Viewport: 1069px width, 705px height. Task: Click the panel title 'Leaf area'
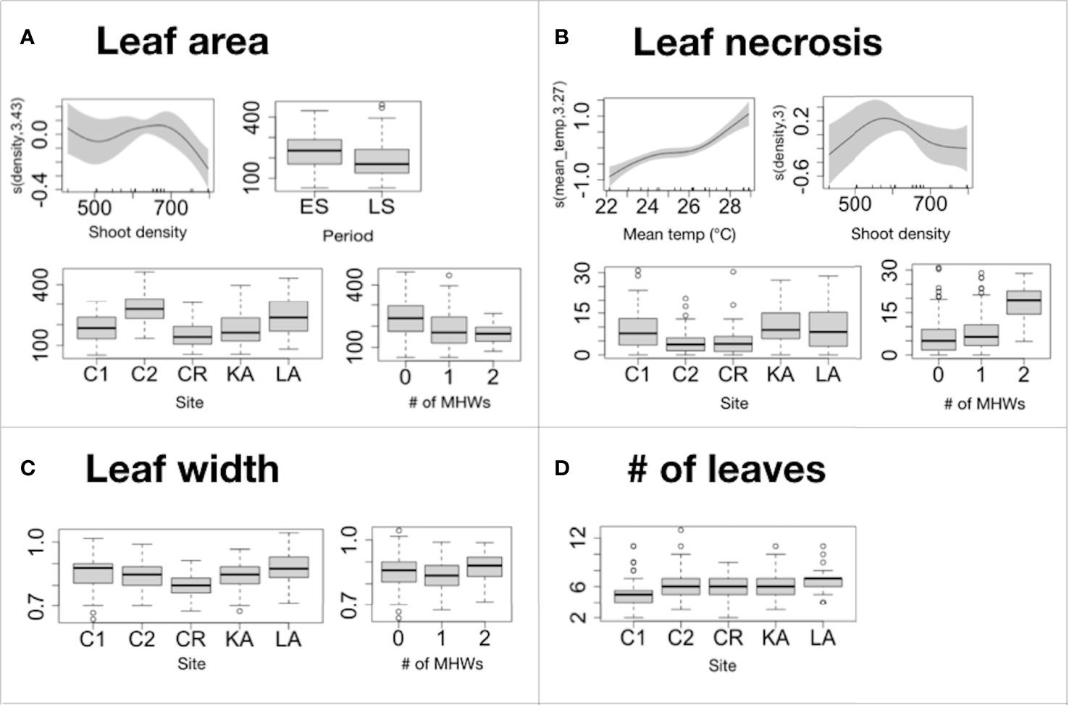coord(182,41)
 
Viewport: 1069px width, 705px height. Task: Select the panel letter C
coord(28,469)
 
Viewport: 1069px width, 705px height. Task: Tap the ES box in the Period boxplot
coord(314,151)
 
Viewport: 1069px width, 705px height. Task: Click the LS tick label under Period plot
coord(381,207)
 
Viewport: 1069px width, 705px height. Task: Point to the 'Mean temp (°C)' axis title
coord(679,235)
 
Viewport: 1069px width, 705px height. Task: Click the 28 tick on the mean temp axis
coord(729,207)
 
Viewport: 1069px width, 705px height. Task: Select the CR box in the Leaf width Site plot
coord(190,585)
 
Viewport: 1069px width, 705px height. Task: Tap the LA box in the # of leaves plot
coord(823,581)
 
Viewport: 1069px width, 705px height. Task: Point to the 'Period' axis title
coord(348,236)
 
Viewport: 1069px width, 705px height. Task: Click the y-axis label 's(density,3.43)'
coord(18,145)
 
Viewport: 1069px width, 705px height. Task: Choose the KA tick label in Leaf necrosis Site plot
coord(780,375)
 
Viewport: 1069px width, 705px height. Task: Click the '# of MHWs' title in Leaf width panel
coord(442,664)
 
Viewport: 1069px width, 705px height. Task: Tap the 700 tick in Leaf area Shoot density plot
coord(171,209)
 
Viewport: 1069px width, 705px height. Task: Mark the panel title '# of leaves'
coord(726,469)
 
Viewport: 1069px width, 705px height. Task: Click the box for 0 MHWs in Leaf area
coord(406,318)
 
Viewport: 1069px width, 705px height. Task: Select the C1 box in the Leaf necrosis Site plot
coord(637,331)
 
